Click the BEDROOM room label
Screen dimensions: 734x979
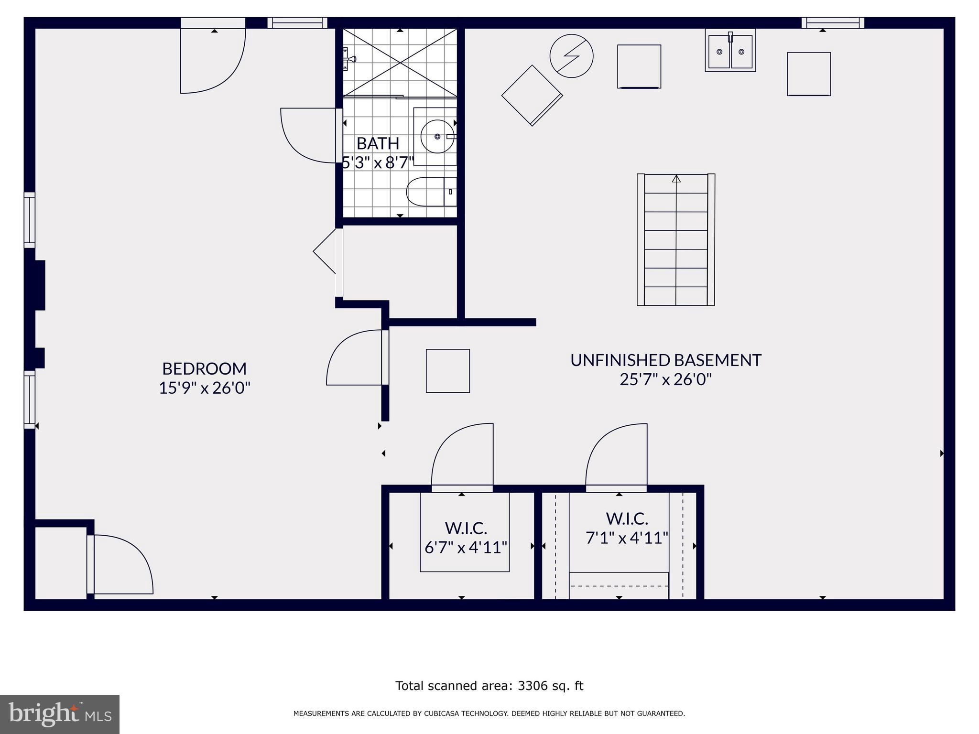click(x=204, y=368)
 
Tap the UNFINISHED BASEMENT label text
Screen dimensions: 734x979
click(x=665, y=360)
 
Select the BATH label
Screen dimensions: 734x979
click(x=378, y=143)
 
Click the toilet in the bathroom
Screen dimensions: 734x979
click(x=430, y=192)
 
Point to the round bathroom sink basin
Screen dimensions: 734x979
click(x=437, y=136)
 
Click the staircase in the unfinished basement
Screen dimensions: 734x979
click(x=675, y=240)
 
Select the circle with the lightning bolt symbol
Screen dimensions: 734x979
click(x=571, y=56)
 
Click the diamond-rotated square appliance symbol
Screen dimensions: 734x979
click(x=532, y=95)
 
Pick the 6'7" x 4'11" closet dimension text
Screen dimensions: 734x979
click(x=466, y=547)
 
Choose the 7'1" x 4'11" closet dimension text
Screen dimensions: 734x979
click(x=627, y=538)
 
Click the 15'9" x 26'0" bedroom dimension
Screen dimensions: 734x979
click(x=204, y=388)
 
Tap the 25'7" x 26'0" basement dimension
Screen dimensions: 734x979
click(x=665, y=379)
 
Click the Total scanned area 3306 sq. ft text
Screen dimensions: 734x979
click(x=489, y=686)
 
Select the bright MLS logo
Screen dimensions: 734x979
click(x=60, y=714)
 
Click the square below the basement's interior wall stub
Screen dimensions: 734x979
click(x=447, y=371)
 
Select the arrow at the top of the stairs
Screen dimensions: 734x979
click(x=676, y=179)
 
